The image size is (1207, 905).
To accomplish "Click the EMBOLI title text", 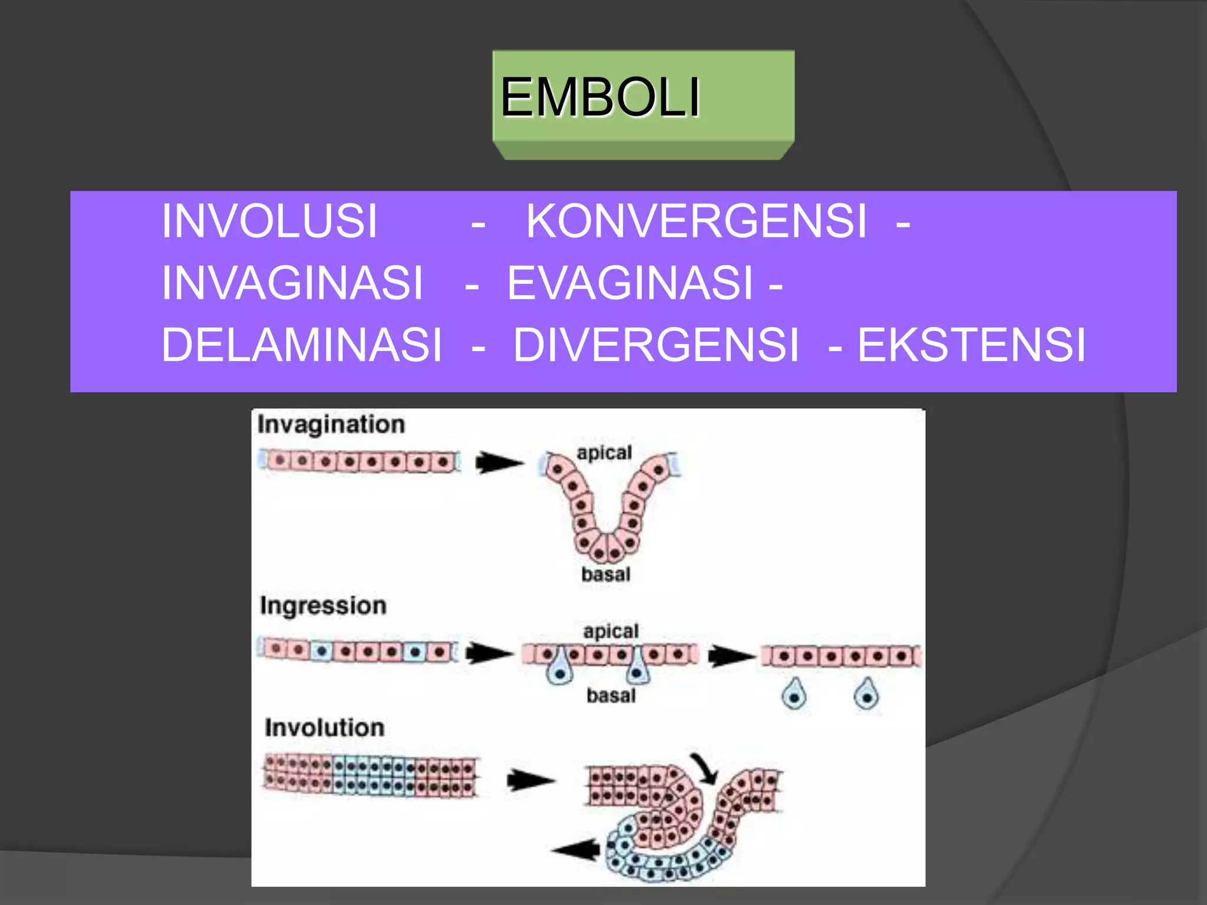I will pos(600,97).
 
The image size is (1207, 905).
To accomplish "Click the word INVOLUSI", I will pos(269,221).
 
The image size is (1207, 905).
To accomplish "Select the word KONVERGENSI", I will pos(696,221).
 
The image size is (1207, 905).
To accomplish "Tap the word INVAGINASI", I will pos(292,283).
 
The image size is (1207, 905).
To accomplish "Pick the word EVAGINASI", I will pos(630,283).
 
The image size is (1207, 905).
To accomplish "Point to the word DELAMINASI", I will pos(302,345).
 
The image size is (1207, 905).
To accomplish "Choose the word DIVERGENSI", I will pos(656,345).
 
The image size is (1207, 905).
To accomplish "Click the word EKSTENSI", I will pos(971,345).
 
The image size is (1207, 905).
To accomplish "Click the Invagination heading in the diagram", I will pos(331,425).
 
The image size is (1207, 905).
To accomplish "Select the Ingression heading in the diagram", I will pos(323,606).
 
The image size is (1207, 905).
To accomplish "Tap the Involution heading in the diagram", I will pos(324,728).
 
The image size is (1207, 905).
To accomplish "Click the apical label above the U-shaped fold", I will pos(604,452).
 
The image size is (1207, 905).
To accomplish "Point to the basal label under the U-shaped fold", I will pos(605,574).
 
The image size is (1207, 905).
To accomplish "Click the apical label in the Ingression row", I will pos(611,631).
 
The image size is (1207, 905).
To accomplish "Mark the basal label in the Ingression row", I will pos(611,696).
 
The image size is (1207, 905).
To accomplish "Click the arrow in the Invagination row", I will pos(499,463).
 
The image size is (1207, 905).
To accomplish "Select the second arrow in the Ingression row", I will pos(731,656).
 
